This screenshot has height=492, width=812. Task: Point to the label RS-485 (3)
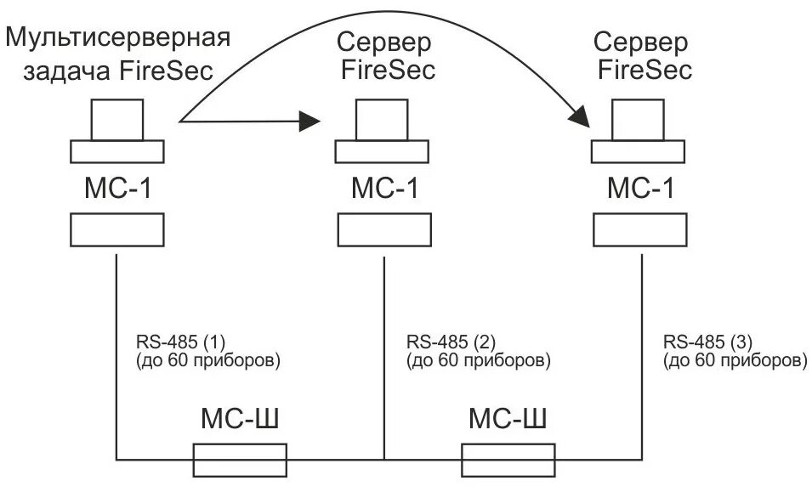[x=707, y=343]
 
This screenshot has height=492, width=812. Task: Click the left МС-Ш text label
[x=240, y=420]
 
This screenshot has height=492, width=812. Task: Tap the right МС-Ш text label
[x=508, y=420]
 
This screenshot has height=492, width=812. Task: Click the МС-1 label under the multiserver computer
[x=117, y=188]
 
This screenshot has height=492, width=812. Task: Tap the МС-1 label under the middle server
[x=384, y=188]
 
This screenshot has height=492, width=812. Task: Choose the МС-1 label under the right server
[x=639, y=188]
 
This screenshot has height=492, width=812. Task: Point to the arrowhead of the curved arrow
[x=582, y=116]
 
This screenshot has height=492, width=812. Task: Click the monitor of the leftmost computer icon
[x=117, y=119]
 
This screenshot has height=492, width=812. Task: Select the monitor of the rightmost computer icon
[x=639, y=119]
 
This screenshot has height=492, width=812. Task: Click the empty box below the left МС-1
[x=116, y=229]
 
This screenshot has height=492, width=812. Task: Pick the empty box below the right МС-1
[x=639, y=229]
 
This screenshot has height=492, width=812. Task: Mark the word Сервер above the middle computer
[x=384, y=41]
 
